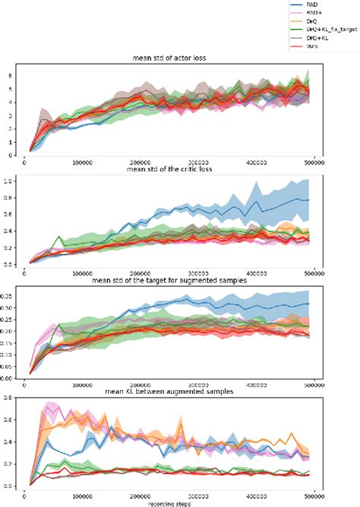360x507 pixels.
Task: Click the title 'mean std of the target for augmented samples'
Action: pyautogui.click(x=171, y=282)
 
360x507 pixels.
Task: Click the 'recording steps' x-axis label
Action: pyautogui.click(x=171, y=502)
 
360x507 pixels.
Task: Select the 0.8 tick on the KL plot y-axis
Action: pyautogui.click(x=11, y=398)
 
